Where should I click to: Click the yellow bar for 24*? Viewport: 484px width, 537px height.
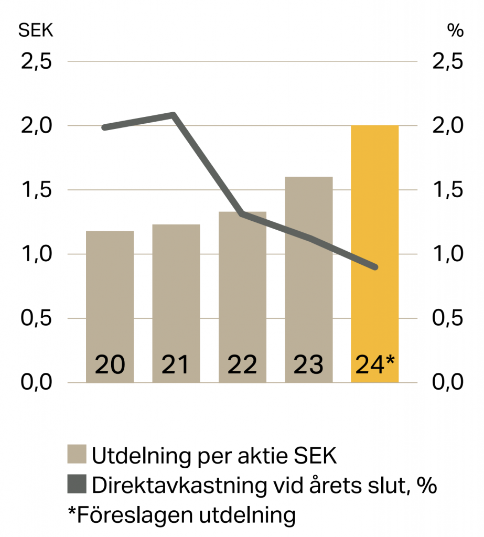coord(374,254)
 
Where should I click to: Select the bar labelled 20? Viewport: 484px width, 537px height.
coord(110,307)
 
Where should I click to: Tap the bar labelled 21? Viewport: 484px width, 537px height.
coord(176,304)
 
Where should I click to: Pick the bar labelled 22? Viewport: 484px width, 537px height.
coord(242,297)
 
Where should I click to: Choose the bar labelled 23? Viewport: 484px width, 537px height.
coord(309,280)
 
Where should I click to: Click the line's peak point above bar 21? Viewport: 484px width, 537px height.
coord(173,115)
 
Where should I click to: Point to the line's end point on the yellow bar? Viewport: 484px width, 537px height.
coord(375,267)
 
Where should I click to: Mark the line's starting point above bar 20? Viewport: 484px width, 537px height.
coord(104,127)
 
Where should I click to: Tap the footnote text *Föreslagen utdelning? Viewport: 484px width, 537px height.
coord(182,515)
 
